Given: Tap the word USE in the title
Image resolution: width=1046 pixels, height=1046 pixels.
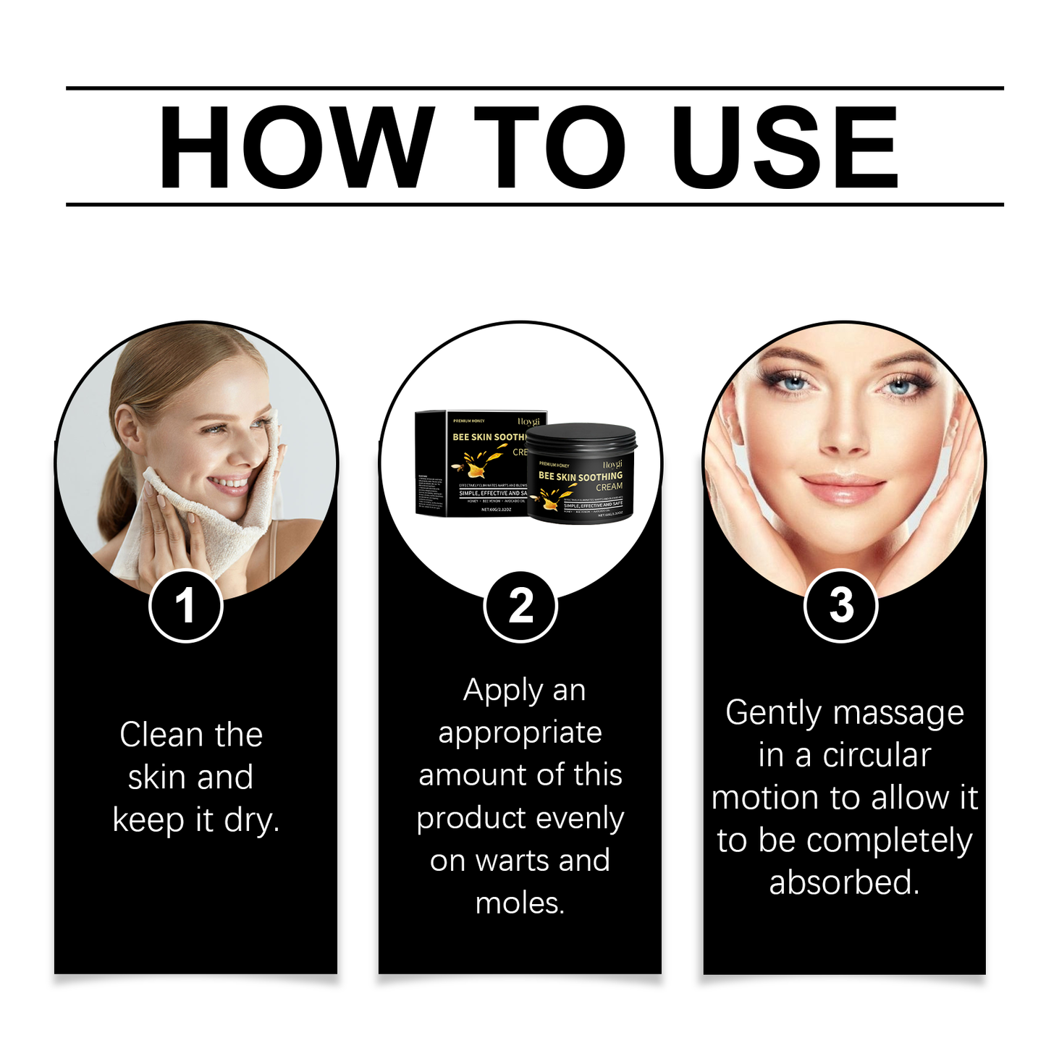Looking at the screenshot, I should [x=785, y=147].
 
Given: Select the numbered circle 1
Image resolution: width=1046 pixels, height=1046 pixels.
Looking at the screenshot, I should [x=185, y=606].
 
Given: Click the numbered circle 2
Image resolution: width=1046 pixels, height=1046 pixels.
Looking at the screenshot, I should [x=520, y=606].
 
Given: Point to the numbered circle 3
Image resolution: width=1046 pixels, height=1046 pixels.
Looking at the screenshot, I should [x=841, y=606].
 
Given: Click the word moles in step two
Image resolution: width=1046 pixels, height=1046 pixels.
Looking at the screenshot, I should [x=519, y=903].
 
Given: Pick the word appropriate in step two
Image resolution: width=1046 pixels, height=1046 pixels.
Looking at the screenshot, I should [x=520, y=733].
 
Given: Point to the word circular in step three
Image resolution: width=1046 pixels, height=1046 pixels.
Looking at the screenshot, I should [x=876, y=756].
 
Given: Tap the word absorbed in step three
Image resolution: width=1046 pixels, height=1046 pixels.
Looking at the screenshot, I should [x=843, y=883].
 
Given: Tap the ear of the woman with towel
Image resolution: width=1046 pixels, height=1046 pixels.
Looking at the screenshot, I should [x=130, y=430].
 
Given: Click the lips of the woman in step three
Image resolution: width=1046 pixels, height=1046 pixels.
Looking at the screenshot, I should [x=843, y=486].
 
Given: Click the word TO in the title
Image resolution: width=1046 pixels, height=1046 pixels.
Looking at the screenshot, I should [x=550, y=147].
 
